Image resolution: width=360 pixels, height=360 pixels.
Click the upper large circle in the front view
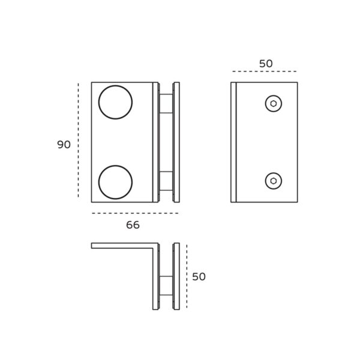pos(115,102)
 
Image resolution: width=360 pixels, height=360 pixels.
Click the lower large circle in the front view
pos(115,182)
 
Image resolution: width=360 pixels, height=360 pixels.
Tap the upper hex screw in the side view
pos(274,104)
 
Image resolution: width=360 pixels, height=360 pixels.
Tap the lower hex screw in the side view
pos(274,181)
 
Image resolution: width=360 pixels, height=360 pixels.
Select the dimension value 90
pos(64,145)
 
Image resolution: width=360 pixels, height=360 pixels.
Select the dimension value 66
pos(133,225)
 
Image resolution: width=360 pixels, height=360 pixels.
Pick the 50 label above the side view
pos(266,64)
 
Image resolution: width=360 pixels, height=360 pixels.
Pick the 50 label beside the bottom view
pos(199,277)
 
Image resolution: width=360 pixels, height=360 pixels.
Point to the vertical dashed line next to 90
pos(78,141)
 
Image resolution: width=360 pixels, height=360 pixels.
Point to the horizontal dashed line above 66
pos(135,213)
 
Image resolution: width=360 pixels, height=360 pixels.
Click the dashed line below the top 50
pos(265,72)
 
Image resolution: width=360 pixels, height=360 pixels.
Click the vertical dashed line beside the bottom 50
pos(187,276)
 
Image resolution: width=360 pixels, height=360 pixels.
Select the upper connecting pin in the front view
pos(166,103)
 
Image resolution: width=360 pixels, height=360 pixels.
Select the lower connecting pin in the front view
pos(166,181)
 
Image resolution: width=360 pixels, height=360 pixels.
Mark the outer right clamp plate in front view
pos(176,142)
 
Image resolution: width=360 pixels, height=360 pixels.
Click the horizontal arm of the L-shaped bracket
pos(123,245)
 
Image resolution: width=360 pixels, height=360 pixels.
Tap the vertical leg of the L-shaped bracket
pos(155,279)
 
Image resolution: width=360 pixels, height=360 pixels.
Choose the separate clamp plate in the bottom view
pos(176,276)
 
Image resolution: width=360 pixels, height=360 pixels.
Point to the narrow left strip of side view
pos(233,142)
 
